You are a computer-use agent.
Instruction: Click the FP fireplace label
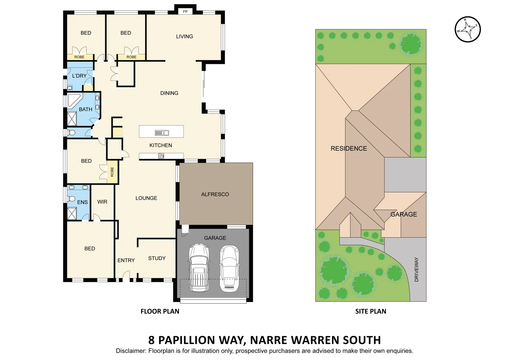(x=185, y=12)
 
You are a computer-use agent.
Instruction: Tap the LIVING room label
(x=184, y=36)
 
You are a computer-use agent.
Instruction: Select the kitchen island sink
(x=162, y=133)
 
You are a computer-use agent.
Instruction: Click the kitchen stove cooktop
(x=161, y=156)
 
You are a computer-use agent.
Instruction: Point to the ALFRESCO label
(x=215, y=194)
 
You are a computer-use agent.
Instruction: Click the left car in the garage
(x=199, y=268)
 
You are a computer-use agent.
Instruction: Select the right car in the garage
(x=229, y=268)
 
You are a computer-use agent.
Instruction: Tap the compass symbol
(x=468, y=29)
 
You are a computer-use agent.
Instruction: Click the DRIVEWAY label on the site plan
(x=416, y=269)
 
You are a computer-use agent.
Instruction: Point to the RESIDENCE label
(x=349, y=149)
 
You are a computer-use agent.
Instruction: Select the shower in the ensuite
(x=72, y=214)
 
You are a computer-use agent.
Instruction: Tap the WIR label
(x=102, y=202)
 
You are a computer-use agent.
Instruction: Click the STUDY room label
(x=157, y=258)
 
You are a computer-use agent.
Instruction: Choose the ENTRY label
(x=126, y=260)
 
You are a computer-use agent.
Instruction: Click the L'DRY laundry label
(x=79, y=76)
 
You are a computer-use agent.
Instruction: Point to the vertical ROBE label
(x=112, y=172)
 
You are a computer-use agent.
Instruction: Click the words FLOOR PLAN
(x=160, y=311)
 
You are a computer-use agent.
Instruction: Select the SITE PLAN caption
(x=371, y=311)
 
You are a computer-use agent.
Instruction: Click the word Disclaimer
(x=131, y=351)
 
